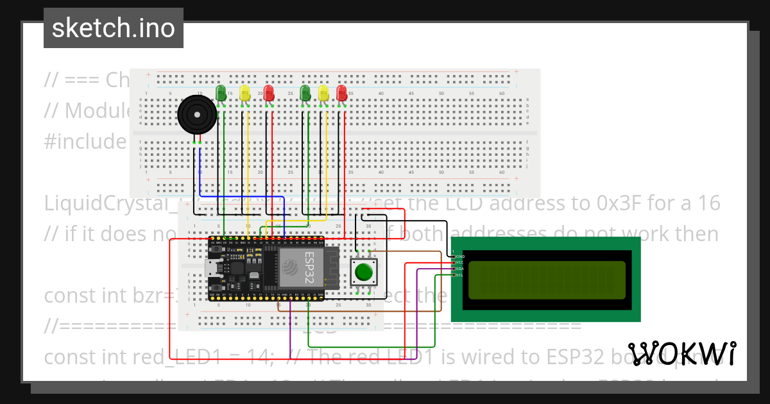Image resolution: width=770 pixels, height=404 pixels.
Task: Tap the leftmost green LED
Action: tap(221, 92)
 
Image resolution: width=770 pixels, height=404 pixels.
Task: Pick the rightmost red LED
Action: tap(341, 92)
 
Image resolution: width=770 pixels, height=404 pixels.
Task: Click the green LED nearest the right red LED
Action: tap(305, 92)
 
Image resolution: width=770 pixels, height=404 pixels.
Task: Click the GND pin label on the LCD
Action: tap(459, 256)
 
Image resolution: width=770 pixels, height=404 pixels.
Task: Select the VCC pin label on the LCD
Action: tap(459, 262)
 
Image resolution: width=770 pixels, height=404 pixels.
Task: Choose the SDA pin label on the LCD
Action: tap(459, 269)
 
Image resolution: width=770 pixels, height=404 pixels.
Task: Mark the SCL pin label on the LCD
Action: tap(459, 275)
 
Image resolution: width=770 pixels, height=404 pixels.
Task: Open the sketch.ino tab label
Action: tap(114, 28)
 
